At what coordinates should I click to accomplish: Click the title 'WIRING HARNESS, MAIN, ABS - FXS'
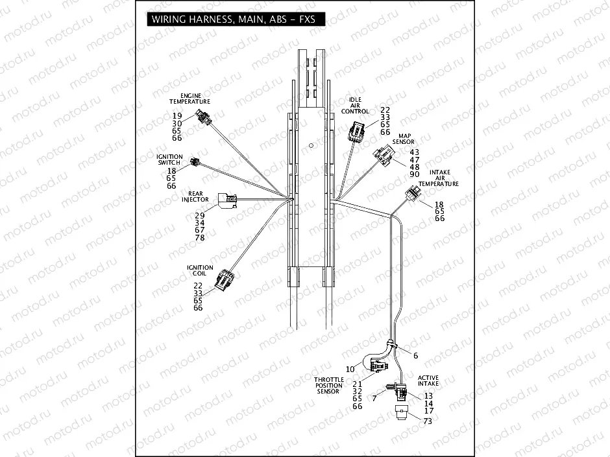[x=233, y=19]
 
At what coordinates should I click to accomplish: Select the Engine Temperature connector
[x=203, y=117]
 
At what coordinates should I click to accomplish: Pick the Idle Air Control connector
[x=355, y=132]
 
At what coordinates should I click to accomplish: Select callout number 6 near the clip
[x=416, y=355]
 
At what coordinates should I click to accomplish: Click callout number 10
[x=350, y=369]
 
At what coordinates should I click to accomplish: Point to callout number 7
[x=374, y=398]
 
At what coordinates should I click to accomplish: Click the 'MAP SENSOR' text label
[x=402, y=139]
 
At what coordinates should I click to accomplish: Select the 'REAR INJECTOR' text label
[x=195, y=196]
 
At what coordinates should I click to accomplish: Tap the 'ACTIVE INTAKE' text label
[x=428, y=381]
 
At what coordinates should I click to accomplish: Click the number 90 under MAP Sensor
[x=415, y=175]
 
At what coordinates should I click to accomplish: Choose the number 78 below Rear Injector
[x=200, y=238]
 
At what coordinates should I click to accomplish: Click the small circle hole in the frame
[x=311, y=145]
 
